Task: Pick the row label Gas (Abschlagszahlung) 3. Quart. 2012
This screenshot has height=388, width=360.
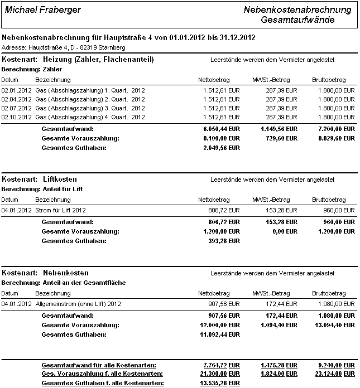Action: (89, 108)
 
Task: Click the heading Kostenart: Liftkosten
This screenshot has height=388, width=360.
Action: (40, 180)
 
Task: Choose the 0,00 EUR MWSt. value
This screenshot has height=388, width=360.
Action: (284, 231)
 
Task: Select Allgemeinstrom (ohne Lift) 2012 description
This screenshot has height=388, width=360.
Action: (78, 304)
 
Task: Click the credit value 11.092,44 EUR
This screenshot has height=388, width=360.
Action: (218, 334)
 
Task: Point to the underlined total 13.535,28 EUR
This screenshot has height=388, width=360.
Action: (218, 384)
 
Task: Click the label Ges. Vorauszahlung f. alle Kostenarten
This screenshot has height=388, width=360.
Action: (99, 374)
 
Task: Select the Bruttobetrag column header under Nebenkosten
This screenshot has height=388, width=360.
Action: (329, 293)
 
